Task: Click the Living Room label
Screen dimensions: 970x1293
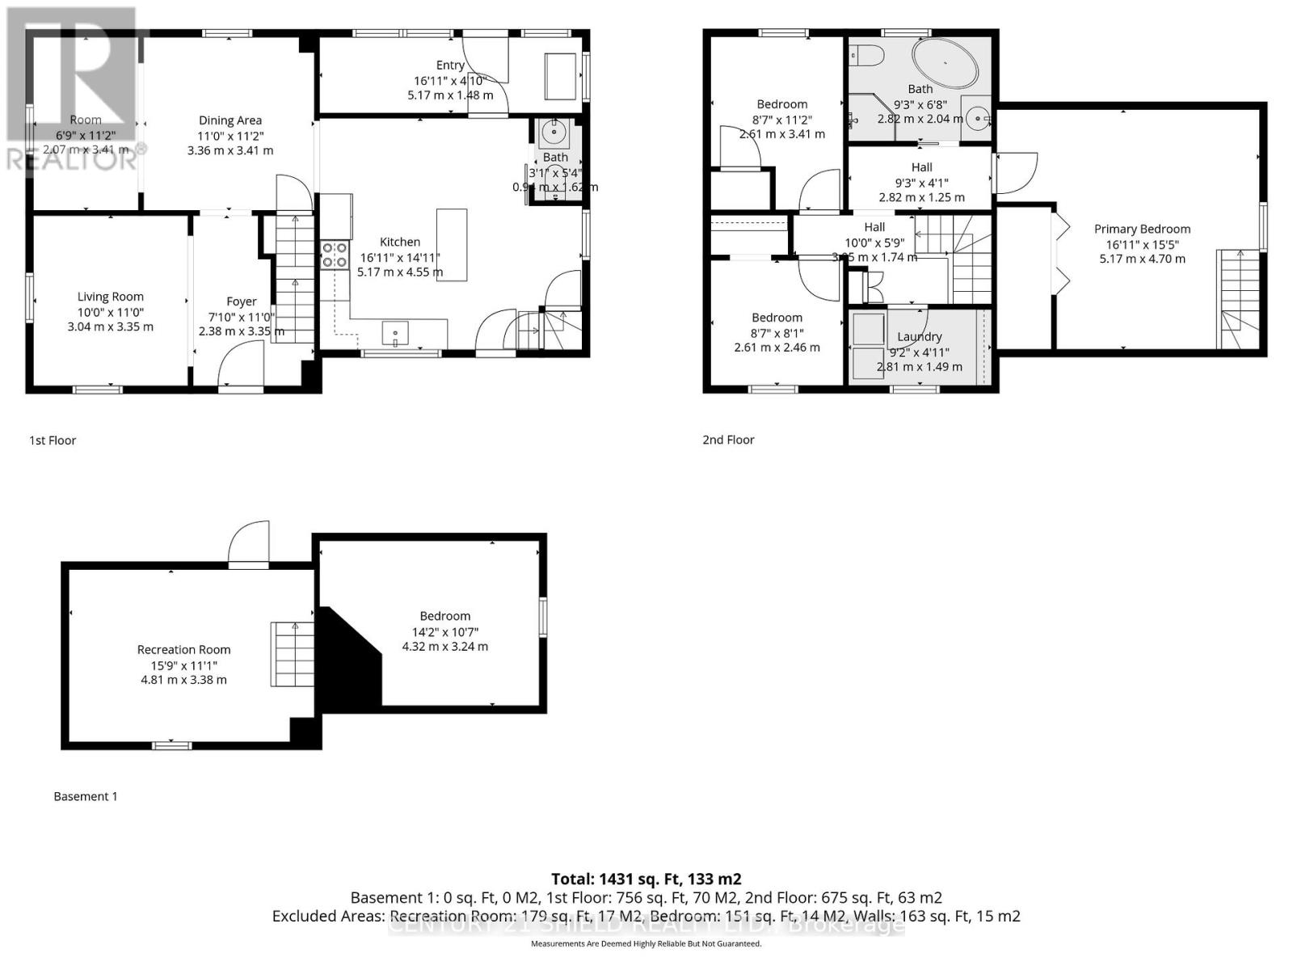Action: [x=110, y=297]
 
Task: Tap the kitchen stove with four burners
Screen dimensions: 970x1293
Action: [x=335, y=255]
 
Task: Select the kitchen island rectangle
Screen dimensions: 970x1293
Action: [x=452, y=245]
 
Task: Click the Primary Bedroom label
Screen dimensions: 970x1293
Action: [x=1142, y=229]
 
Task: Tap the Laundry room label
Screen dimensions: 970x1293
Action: [x=919, y=336]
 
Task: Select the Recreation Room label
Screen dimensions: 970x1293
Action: [x=183, y=649]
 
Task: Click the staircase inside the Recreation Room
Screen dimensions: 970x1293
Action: [x=292, y=655]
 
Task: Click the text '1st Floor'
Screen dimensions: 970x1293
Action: [x=53, y=441]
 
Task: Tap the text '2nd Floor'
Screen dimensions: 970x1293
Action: [x=728, y=440]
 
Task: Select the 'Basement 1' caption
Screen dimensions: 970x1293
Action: [x=86, y=796]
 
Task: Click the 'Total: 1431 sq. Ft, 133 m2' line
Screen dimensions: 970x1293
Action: [x=646, y=879]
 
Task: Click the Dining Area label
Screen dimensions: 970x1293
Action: [x=230, y=120]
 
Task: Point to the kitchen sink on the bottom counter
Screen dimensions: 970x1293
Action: [x=395, y=332]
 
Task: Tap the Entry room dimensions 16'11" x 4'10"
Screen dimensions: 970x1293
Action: [x=449, y=80]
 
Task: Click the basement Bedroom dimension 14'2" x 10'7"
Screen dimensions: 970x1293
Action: [x=444, y=631]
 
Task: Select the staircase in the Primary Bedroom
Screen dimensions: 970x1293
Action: [x=1238, y=299]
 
